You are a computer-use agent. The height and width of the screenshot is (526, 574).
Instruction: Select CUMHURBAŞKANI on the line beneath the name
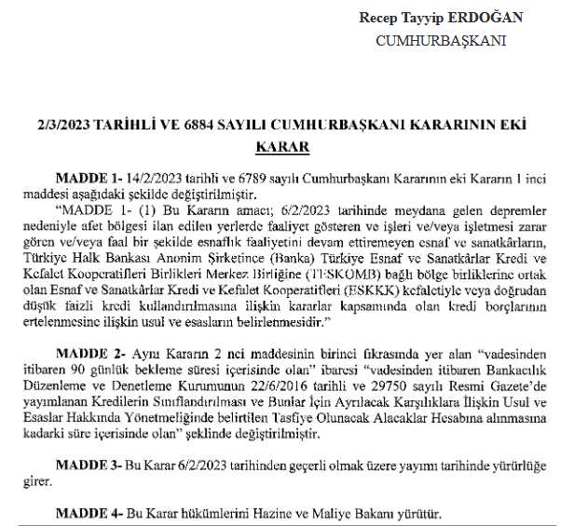click(440, 41)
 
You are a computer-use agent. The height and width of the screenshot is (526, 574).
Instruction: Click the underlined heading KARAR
click(282, 146)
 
